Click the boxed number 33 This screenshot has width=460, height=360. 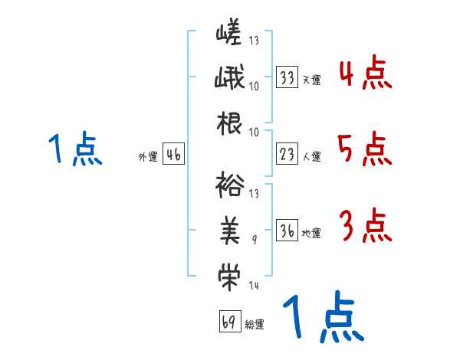click(287, 77)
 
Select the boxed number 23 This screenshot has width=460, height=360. click(287, 155)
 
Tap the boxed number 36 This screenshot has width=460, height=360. click(287, 231)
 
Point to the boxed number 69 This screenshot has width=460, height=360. click(228, 322)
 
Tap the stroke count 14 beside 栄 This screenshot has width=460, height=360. click(254, 286)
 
